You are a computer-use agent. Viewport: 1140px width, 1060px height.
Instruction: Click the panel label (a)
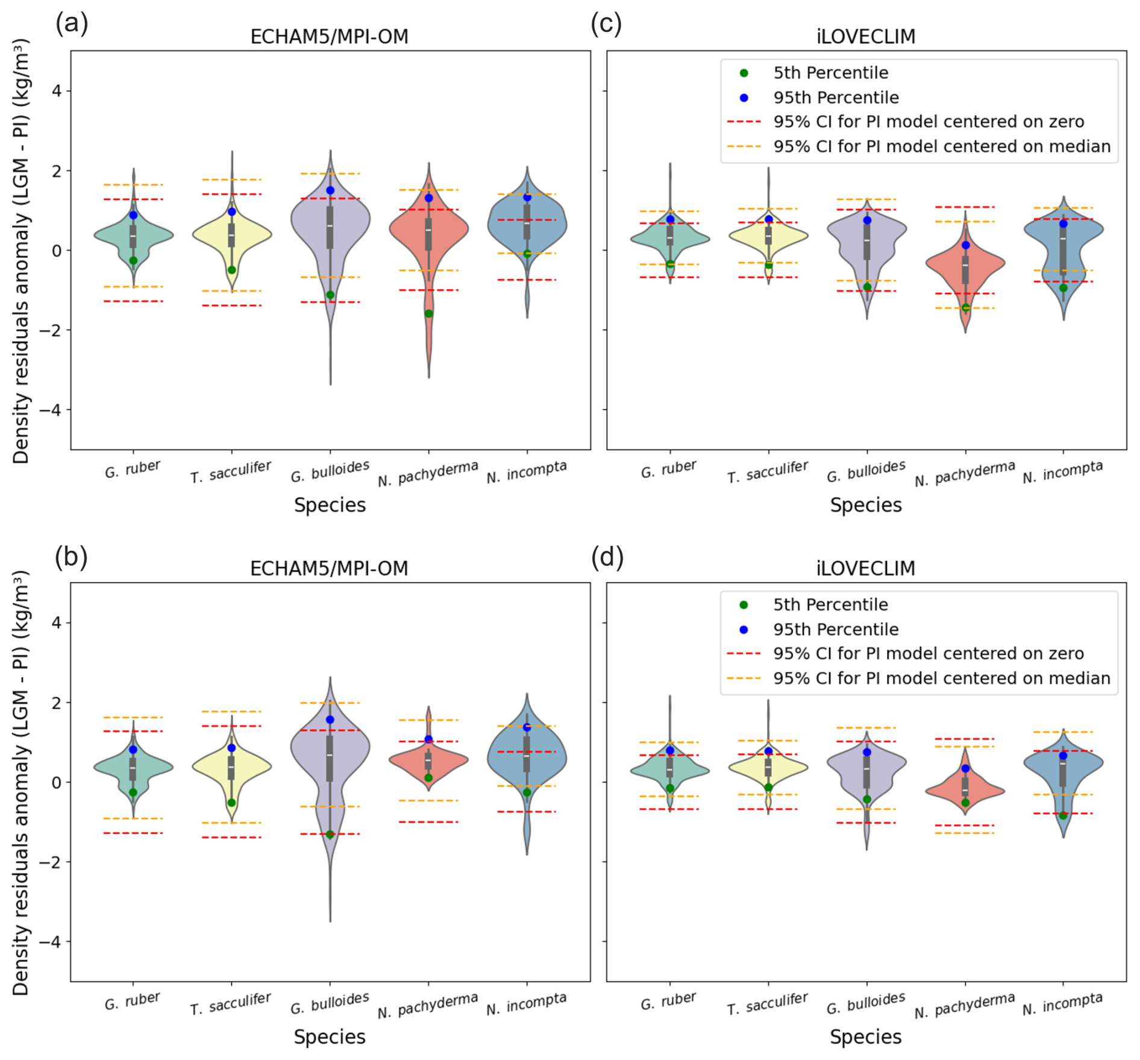(72, 24)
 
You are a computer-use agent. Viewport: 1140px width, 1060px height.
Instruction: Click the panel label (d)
(607, 557)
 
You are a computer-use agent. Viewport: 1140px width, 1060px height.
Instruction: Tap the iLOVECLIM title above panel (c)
(866, 37)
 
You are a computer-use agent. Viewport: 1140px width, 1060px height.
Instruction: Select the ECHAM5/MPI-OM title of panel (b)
(329, 568)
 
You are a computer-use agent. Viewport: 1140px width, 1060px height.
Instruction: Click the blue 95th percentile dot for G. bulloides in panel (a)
(330, 190)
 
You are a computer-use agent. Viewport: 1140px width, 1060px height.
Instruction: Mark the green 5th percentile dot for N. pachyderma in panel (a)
(428, 313)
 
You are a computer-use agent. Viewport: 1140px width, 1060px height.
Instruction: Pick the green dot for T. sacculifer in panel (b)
(231, 803)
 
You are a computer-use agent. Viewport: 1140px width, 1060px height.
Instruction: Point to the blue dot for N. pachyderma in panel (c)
(966, 245)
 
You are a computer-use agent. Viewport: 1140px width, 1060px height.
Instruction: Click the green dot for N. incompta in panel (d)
(1063, 815)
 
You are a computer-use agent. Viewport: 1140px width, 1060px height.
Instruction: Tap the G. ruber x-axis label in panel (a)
(133, 469)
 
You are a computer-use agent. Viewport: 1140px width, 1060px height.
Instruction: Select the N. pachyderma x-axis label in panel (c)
(965, 474)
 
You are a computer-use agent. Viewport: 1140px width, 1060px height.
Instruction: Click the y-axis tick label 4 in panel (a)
(57, 91)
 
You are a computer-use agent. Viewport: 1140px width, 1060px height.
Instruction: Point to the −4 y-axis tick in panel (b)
(51, 941)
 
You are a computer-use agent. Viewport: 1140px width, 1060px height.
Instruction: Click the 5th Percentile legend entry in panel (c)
(830, 73)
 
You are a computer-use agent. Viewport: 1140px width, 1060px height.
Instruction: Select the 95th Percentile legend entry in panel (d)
(836, 629)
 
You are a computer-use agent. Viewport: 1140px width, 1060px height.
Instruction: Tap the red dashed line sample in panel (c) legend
(744, 122)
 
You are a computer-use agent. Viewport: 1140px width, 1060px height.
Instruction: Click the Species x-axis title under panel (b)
(330, 1036)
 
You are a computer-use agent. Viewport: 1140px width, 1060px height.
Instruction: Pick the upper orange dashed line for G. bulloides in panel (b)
(330, 703)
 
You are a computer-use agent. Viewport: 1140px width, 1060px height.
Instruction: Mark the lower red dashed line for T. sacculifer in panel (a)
(231, 306)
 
